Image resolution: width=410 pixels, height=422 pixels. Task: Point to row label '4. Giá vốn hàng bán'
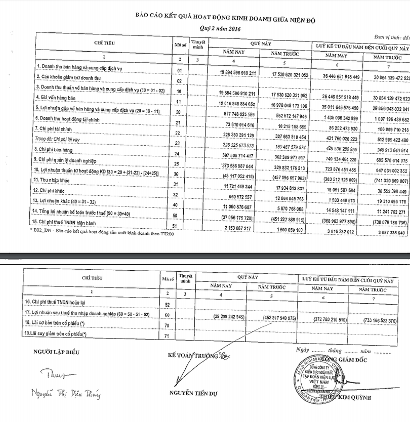58,96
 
